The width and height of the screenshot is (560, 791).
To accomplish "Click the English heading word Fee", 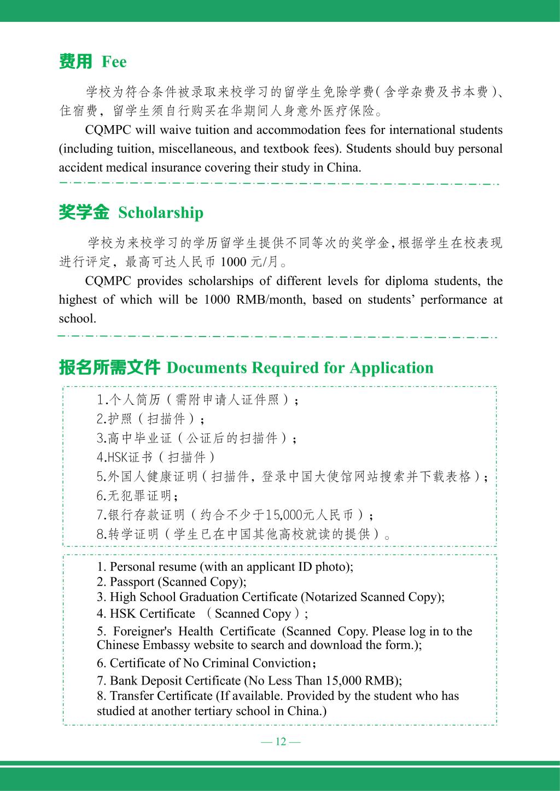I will (x=114, y=62).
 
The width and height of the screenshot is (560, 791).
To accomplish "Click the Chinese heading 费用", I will (x=75, y=62).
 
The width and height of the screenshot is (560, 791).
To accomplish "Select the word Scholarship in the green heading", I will (x=160, y=212).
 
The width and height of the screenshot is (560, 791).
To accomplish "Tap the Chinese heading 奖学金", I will (x=84, y=212).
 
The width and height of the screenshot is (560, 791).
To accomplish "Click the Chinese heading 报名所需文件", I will (x=109, y=368).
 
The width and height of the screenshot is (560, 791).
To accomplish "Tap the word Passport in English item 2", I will (x=132, y=582).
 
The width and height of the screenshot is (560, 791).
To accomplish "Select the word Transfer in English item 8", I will (x=131, y=695).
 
